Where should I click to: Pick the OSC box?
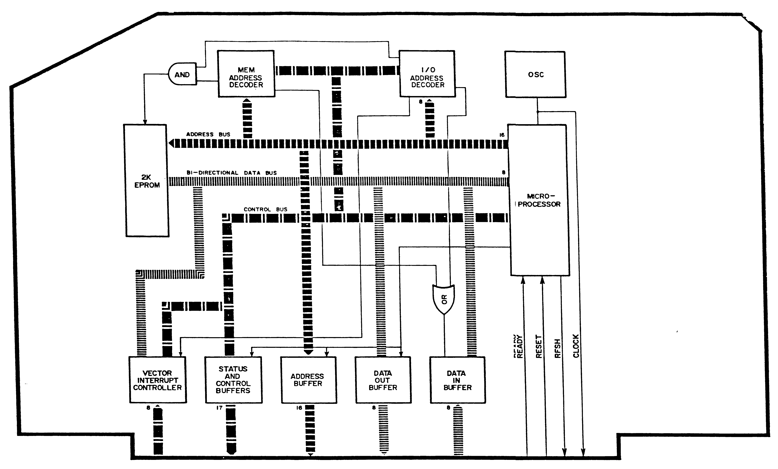point(535,75)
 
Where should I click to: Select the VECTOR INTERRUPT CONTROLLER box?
point(158,380)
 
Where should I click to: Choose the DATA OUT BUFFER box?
point(383,380)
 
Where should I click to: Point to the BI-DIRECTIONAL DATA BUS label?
point(231,173)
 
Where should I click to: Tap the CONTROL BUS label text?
point(265,209)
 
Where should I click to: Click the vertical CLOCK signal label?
point(576,346)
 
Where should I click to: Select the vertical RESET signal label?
point(539,347)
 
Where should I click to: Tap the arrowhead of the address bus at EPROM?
point(171,144)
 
